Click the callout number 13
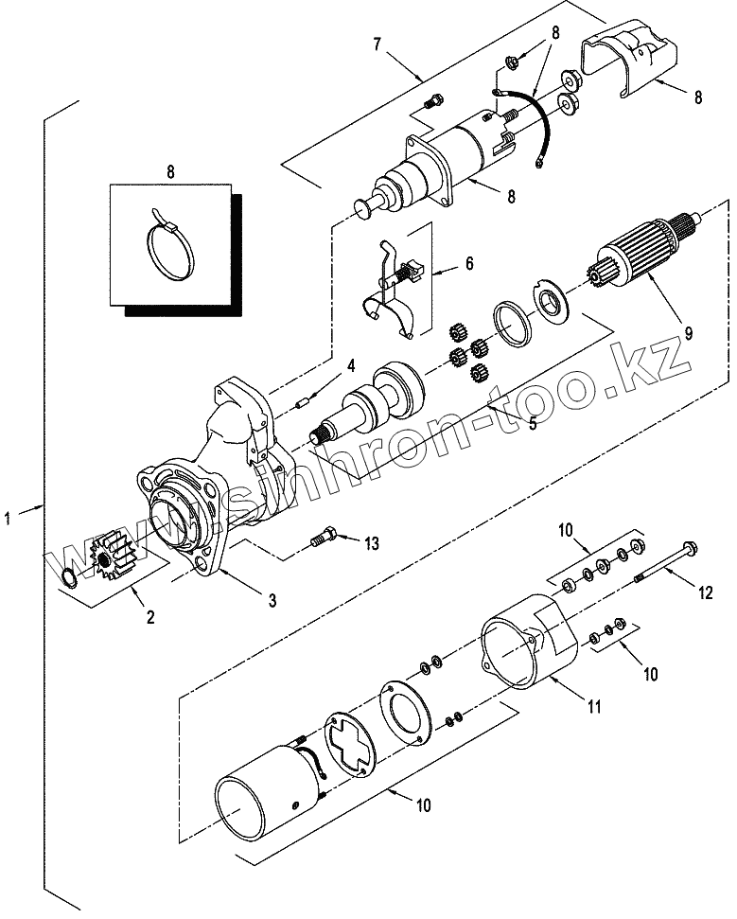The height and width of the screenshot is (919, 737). (x=372, y=543)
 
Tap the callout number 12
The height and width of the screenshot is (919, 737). (x=706, y=592)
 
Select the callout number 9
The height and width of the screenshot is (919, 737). (x=689, y=333)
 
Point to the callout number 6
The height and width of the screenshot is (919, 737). (x=469, y=263)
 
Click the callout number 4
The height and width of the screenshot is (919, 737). (x=350, y=366)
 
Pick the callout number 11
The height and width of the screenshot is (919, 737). (x=594, y=707)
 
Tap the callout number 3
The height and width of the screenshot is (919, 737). (x=272, y=600)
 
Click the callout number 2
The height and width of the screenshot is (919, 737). (x=150, y=616)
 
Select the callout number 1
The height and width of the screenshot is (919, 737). (x=8, y=518)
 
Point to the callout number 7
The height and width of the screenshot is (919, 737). (x=377, y=44)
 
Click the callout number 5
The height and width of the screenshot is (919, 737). (x=533, y=423)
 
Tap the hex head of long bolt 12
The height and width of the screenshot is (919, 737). (x=690, y=548)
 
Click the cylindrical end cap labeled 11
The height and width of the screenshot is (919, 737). (x=529, y=641)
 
